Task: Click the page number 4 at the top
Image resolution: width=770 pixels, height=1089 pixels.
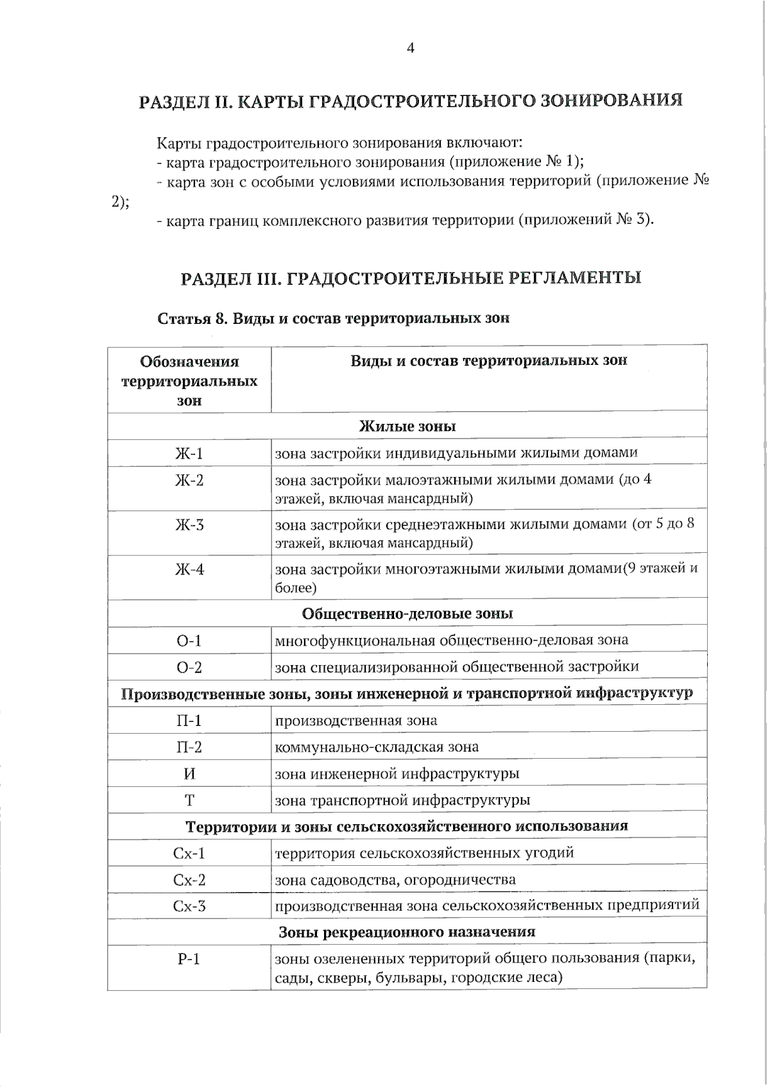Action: click(x=411, y=49)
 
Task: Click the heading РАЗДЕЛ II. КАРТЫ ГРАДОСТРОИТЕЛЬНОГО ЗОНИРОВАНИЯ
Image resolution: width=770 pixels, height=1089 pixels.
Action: click(x=411, y=101)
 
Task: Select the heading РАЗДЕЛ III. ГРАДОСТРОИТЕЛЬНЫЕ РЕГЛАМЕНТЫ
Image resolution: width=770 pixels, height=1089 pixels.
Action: click(x=411, y=278)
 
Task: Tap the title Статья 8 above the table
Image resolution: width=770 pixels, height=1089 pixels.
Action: click(x=334, y=319)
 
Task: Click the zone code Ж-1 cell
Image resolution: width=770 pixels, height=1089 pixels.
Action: click(x=189, y=453)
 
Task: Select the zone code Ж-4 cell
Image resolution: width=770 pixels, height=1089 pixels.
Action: click(x=189, y=569)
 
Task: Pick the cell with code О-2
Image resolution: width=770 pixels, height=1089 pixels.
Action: click(x=189, y=668)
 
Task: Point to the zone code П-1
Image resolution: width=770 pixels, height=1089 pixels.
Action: click(x=189, y=721)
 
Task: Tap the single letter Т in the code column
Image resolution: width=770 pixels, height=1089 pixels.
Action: click(x=189, y=800)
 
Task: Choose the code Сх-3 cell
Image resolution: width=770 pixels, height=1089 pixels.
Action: click(x=189, y=906)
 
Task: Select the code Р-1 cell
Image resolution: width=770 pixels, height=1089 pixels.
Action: click(x=189, y=959)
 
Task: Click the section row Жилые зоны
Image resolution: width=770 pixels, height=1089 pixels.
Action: click(x=407, y=426)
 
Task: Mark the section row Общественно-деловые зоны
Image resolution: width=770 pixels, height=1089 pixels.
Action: click(x=407, y=614)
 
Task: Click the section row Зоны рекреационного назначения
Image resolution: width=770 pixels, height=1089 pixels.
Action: click(x=407, y=932)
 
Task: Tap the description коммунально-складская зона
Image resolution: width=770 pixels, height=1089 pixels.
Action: click(x=377, y=747)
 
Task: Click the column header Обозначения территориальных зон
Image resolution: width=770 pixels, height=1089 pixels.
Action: click(x=189, y=380)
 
